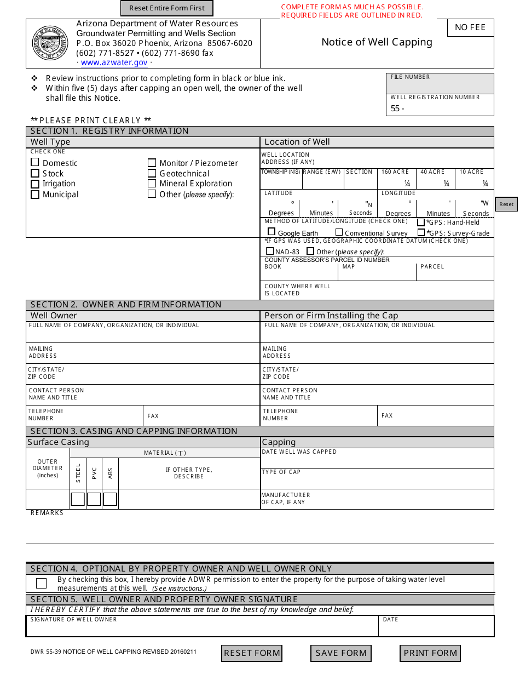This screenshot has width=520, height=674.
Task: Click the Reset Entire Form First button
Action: click(x=166, y=8)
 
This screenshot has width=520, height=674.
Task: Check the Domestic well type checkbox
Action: click(x=35, y=162)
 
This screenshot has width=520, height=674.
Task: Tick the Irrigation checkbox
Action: click(x=35, y=184)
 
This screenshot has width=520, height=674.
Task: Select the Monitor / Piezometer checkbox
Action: click(x=152, y=163)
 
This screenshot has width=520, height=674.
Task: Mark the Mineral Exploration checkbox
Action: click(x=152, y=184)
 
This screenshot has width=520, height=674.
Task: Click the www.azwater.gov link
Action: click(x=114, y=62)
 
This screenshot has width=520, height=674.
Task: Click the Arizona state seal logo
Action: click(x=50, y=43)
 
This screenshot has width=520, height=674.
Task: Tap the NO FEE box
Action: click(x=470, y=27)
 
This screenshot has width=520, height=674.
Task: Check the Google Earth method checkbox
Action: click(x=271, y=232)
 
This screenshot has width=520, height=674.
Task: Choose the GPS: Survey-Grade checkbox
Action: click(x=421, y=232)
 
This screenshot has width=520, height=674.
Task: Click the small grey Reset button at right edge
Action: click(x=506, y=204)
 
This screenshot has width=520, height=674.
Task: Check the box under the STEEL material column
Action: click(x=78, y=499)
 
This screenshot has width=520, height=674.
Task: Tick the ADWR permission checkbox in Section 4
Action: click(x=41, y=583)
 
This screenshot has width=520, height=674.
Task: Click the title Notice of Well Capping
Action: click(x=377, y=42)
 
